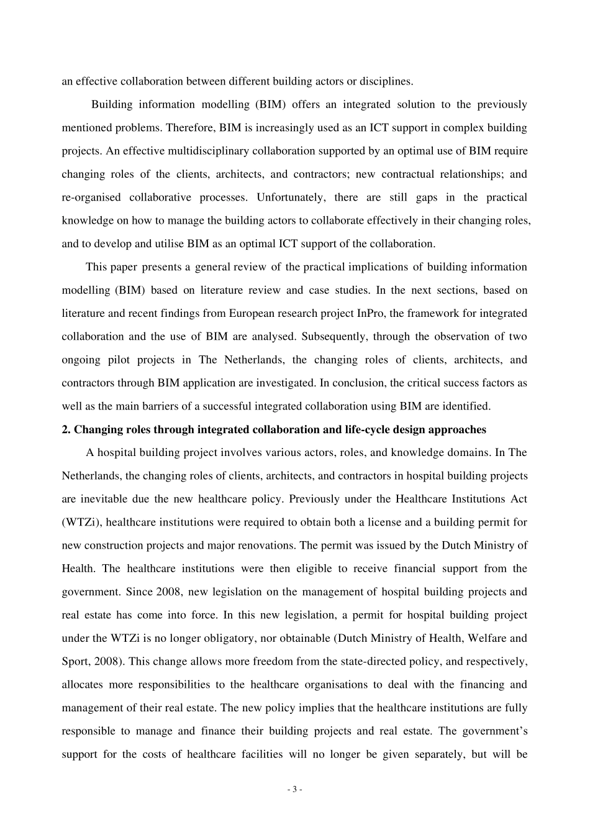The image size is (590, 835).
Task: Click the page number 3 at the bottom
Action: (295, 790)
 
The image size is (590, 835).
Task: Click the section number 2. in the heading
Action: (66, 429)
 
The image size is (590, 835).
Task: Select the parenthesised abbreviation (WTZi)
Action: (79, 522)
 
